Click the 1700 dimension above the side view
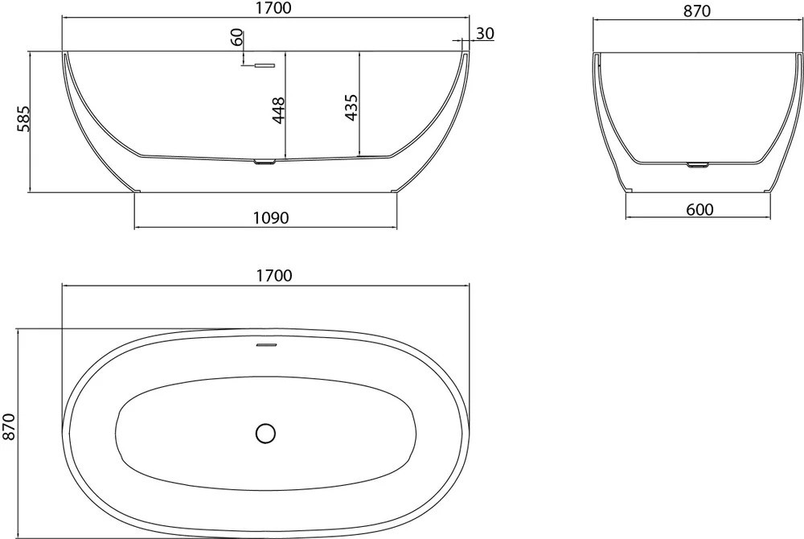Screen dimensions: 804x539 274,8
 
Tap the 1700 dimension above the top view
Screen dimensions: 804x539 274,276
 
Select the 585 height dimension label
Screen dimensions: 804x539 23,119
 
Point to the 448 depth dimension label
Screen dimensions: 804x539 278,110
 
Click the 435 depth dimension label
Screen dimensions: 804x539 351,107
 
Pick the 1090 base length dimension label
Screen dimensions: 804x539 271,218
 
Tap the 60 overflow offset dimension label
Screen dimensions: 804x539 236,38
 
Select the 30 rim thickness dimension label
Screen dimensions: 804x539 485,33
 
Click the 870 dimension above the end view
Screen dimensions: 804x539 697,11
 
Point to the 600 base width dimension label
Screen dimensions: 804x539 699,209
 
